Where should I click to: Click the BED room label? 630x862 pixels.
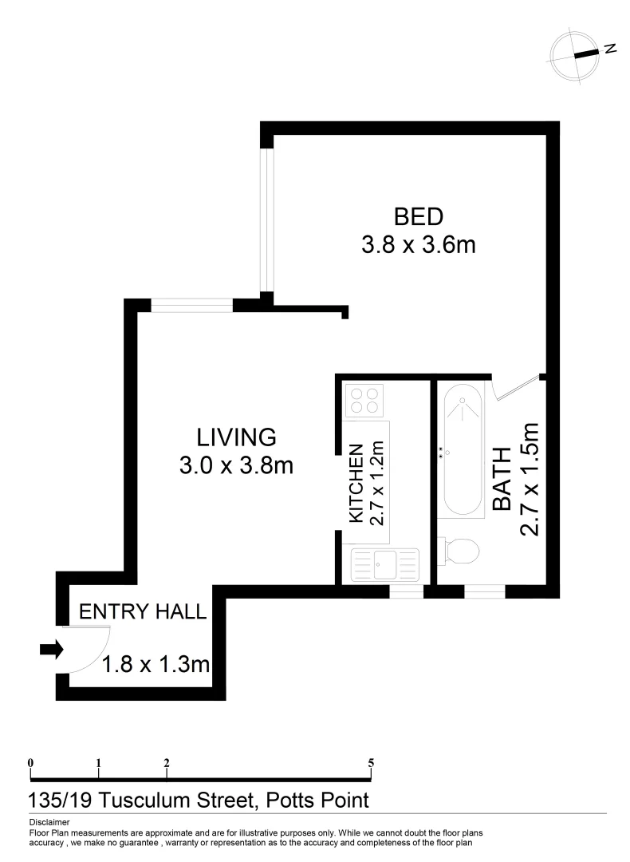[x=418, y=216]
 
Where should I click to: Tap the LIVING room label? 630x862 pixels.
[x=236, y=437]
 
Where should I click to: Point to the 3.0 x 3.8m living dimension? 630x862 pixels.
[x=236, y=465]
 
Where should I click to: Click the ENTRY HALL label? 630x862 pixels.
[x=144, y=612]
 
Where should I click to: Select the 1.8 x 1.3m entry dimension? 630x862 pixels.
[x=156, y=663]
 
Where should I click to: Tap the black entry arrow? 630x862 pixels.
[x=51, y=650]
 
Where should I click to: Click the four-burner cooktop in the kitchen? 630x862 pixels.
[x=364, y=399]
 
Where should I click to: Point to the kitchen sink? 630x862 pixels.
[x=384, y=565]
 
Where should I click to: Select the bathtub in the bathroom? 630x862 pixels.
[x=462, y=451]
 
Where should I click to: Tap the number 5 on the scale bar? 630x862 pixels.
[x=371, y=762]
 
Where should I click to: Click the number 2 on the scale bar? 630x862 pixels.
[x=167, y=762]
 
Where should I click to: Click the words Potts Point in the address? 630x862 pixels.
[x=317, y=799]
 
